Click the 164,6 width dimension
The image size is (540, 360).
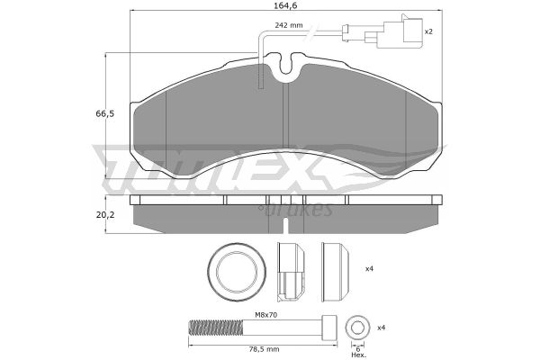coord(286,5)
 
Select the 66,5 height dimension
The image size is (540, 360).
coord(104,114)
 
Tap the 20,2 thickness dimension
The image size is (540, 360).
coord(105,215)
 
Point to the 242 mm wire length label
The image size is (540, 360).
coord(289,25)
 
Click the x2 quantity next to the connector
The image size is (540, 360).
coord(428,31)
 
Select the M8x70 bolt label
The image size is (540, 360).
coord(265,314)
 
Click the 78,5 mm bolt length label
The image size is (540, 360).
coord(265,349)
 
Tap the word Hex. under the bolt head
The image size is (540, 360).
coord(358,355)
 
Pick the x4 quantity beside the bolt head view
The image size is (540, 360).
coord(381,328)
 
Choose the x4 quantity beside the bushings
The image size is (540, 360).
coord(369,269)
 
